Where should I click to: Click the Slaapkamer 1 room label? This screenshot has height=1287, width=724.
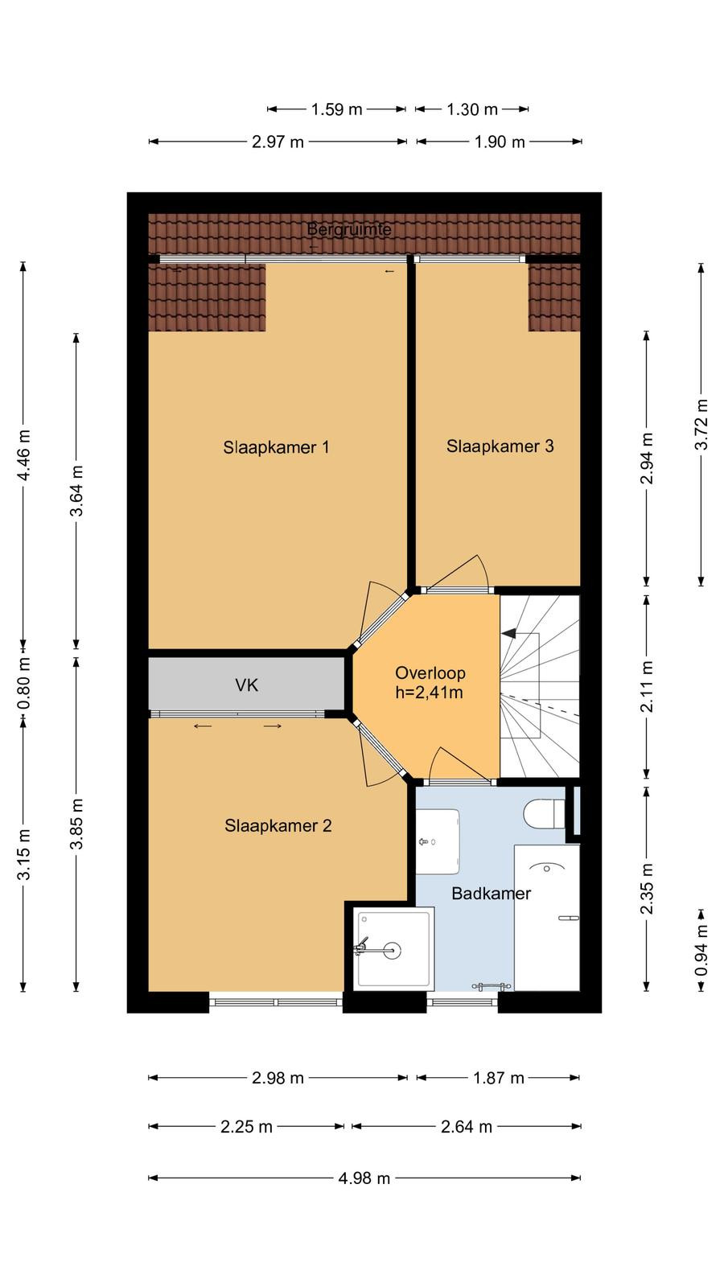click(x=277, y=447)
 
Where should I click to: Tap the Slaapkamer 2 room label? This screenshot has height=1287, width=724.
click(x=278, y=825)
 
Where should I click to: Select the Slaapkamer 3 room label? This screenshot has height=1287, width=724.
click(x=500, y=446)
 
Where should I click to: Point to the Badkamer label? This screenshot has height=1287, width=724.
click(x=491, y=894)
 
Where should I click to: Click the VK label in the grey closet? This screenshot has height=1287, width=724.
click(x=246, y=685)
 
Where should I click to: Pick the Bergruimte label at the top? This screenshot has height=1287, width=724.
click(x=349, y=229)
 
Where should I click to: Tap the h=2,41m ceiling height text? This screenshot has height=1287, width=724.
click(x=430, y=693)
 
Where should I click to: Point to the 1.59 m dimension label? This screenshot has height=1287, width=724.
click(x=337, y=109)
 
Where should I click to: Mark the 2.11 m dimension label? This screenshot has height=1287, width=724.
click(x=647, y=686)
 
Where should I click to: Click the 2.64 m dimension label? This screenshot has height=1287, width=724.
click(x=467, y=1127)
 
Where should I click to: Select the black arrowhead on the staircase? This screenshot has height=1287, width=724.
click(x=508, y=633)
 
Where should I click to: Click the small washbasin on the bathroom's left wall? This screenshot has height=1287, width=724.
click(x=438, y=841)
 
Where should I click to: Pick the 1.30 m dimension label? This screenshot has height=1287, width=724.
click(x=472, y=109)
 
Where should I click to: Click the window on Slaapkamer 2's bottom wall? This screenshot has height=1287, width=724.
click(x=277, y=1002)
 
